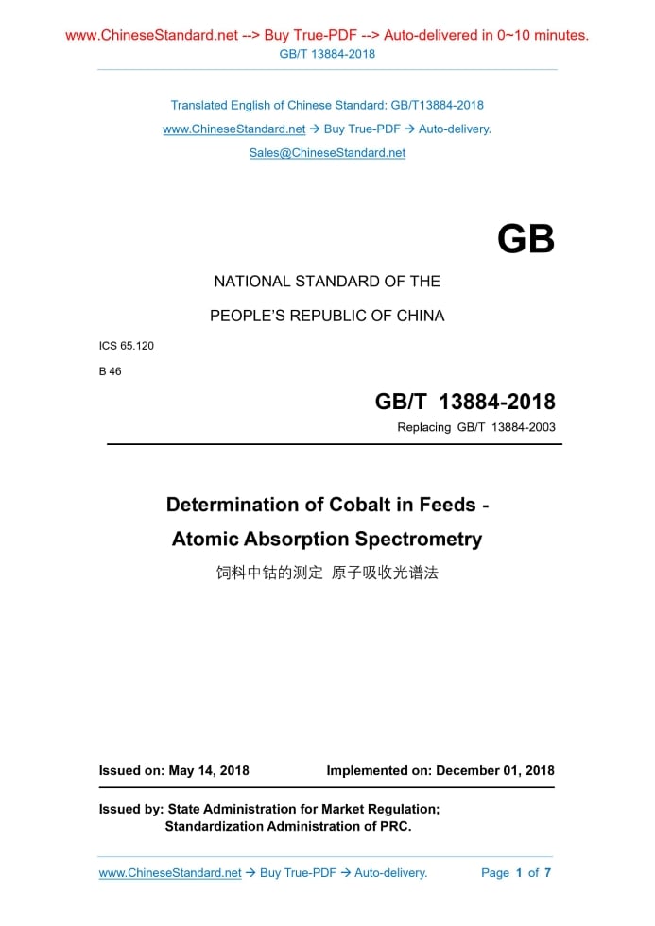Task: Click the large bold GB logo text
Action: [526, 240]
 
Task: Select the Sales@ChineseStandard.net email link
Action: [327, 152]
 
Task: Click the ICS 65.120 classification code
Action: [127, 346]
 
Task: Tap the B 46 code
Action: [111, 371]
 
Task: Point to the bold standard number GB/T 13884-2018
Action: [465, 402]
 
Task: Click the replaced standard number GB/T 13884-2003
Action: [506, 427]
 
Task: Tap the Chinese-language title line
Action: [327, 573]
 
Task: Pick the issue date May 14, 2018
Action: [209, 770]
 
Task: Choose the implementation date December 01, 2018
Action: [495, 770]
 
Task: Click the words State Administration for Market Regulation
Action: [302, 809]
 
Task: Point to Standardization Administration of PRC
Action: [287, 826]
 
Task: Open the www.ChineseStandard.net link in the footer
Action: [170, 873]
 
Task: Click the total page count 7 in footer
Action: [547, 873]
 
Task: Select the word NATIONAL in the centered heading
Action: [251, 282]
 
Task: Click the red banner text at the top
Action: [327, 36]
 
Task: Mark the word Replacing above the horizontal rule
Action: [424, 427]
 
